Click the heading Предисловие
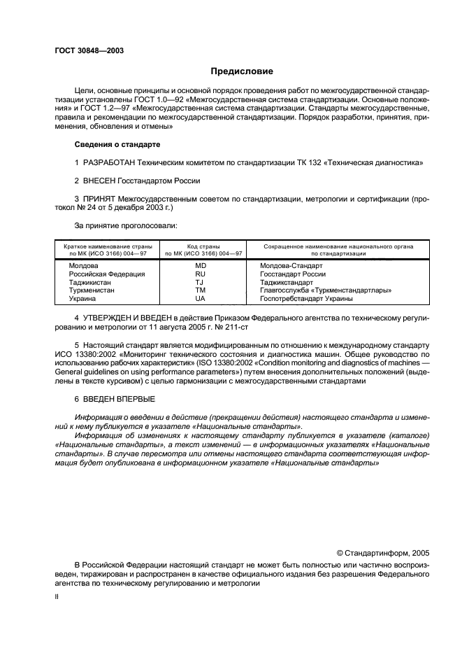[242, 71]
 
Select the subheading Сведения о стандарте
[117, 144]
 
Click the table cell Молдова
[83, 266]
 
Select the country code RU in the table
[200, 274]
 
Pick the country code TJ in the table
[200, 282]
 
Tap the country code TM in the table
[200, 290]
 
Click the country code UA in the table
[200, 298]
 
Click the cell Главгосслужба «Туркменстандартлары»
[325, 290]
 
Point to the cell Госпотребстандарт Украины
[306, 298]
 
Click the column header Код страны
[200, 247]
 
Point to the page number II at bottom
[57, 598]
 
